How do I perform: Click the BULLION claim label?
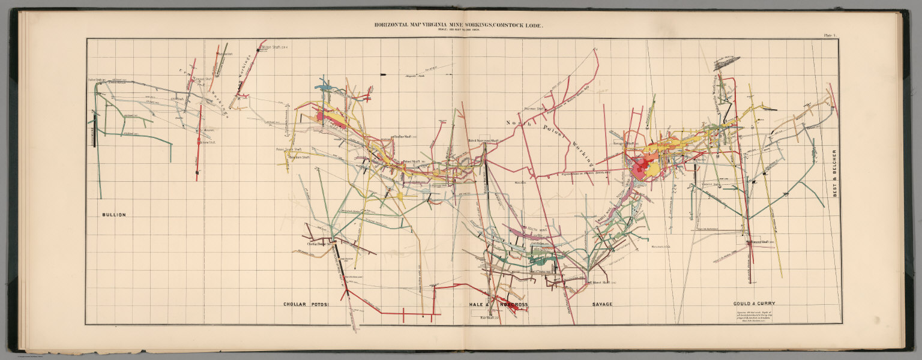(x=113, y=214)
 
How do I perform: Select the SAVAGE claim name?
(x=602, y=304)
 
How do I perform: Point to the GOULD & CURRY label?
(x=753, y=304)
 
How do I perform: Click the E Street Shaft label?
(x=598, y=282)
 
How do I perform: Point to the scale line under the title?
(x=460, y=31)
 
